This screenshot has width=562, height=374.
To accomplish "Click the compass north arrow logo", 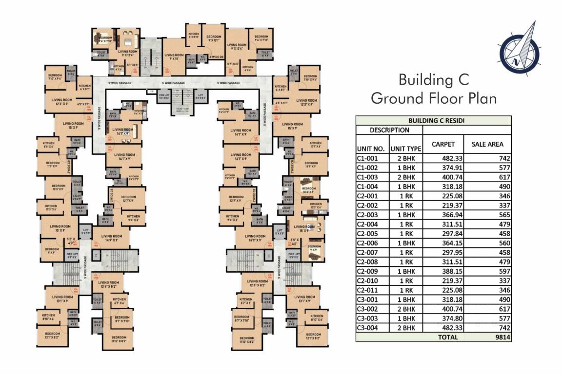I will tap(519, 48).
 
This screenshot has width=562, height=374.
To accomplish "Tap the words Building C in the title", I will tap(433, 79).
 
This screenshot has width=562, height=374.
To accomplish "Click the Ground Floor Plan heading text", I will tap(433, 98).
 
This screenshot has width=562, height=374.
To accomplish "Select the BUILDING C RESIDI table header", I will tap(433, 121).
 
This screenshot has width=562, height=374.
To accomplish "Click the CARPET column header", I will tap(443, 144).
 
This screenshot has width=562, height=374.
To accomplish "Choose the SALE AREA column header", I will tap(487, 144).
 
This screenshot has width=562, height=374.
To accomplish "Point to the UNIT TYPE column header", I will tap(405, 149).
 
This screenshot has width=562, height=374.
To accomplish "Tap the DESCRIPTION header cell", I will tap(389, 130).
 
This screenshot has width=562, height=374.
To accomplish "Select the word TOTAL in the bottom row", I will tap(447, 337).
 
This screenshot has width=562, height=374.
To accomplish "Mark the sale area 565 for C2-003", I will tap(502, 214).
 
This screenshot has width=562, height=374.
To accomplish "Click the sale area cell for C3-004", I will tap(502, 328).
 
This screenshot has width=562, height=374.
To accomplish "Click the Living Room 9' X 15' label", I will tap(174, 56).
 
